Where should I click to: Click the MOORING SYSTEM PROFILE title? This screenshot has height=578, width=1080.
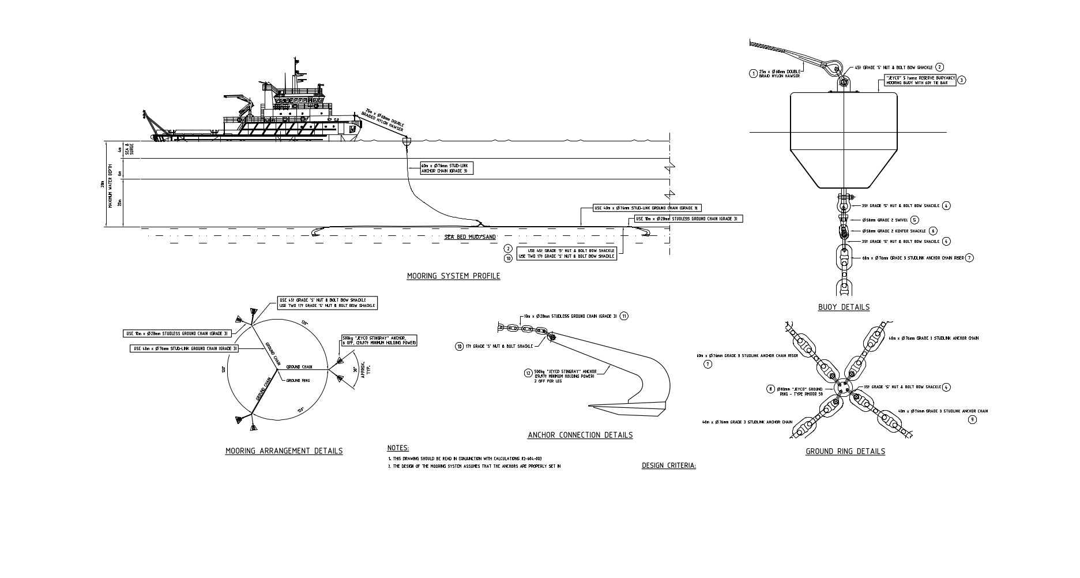coord(453,276)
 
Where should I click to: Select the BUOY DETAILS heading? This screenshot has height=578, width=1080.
coord(844,307)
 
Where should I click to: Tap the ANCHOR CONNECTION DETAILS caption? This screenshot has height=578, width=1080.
coord(580,436)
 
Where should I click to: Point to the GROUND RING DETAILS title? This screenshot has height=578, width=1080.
coord(845,452)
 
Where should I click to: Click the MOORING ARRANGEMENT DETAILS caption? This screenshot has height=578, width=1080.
coord(284,451)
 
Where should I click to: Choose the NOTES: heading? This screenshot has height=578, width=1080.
coord(398,448)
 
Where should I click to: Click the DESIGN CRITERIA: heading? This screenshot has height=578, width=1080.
coord(668,466)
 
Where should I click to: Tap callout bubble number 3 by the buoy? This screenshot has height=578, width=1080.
coord(961,81)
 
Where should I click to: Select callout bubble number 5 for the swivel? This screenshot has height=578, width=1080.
coord(915,220)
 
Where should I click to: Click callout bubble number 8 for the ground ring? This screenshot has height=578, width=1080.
coord(770,389)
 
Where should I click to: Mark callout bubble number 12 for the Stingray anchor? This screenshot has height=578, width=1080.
coord(528,373)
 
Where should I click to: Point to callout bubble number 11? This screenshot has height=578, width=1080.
coord(624,316)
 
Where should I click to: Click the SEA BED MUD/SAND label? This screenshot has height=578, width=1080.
coord(470,237)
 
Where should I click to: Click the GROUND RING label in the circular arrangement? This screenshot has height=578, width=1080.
coord(298,381)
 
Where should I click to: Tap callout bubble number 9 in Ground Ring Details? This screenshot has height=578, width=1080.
coord(972,420)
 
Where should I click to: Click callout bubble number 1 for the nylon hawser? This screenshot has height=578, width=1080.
coord(753,73)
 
